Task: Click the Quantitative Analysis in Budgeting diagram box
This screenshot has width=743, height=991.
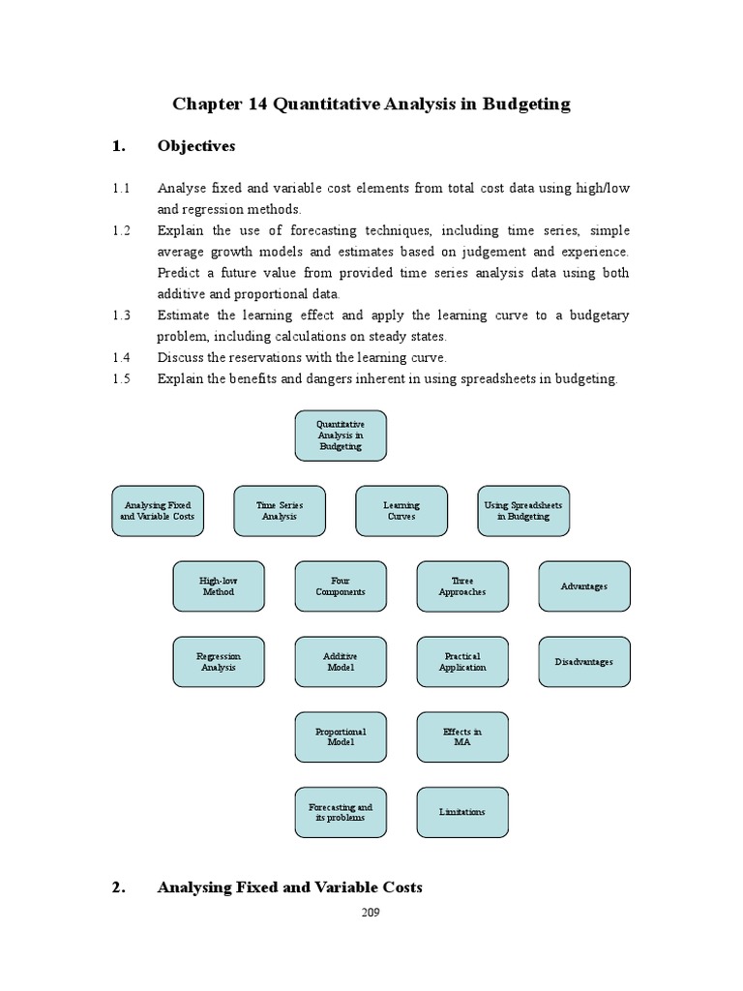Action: click(341, 435)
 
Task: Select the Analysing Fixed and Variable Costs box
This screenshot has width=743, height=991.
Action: click(158, 511)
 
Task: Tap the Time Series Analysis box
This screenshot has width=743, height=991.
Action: click(280, 511)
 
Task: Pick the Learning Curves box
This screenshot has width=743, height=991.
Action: click(401, 511)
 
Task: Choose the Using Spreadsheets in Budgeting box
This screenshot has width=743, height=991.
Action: click(523, 511)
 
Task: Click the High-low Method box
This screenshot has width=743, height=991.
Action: click(219, 586)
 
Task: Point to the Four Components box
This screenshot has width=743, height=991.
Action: click(341, 586)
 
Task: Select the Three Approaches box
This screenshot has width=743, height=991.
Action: click(462, 586)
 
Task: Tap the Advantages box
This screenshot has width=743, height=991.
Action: click(584, 586)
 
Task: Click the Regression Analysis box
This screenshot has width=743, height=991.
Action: click(219, 662)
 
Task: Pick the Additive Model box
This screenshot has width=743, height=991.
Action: click(341, 662)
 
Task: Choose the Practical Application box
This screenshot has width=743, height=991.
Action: click(462, 662)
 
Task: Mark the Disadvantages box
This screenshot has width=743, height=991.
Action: click(584, 662)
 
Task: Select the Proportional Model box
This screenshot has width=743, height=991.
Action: click(341, 736)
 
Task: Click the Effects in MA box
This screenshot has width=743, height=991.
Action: click(462, 736)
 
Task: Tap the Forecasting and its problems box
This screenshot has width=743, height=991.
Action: click(341, 812)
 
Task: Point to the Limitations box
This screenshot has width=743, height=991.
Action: click(462, 812)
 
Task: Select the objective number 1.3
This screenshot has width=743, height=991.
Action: click(121, 315)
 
